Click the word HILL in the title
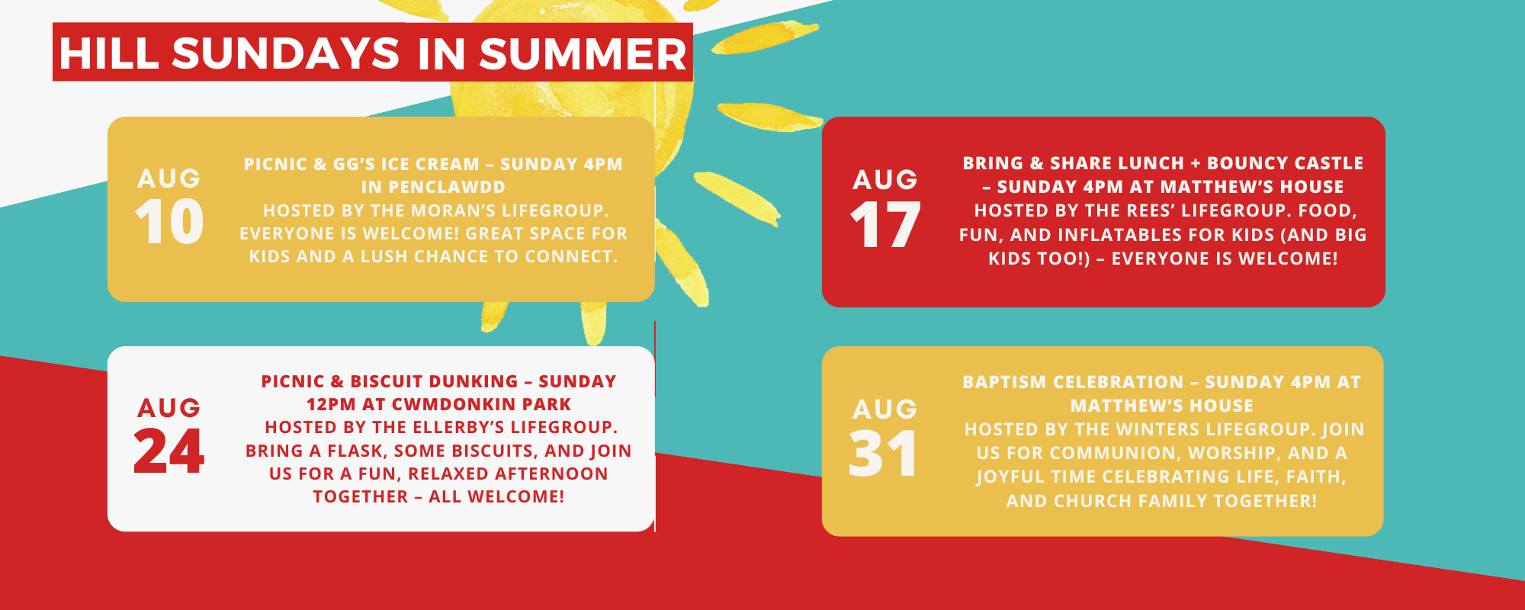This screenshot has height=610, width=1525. (x=109, y=54)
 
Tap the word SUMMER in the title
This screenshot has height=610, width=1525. (x=583, y=54)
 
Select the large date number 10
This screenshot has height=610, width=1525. (x=169, y=222)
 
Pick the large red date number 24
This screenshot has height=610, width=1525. (x=169, y=451)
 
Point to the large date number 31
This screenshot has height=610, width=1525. (x=883, y=454)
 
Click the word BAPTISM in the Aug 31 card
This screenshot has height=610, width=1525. (x=997, y=382)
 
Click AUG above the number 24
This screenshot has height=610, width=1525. (x=169, y=408)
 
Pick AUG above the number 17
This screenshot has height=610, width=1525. (x=884, y=179)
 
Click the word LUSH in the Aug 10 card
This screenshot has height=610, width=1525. (x=385, y=257)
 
